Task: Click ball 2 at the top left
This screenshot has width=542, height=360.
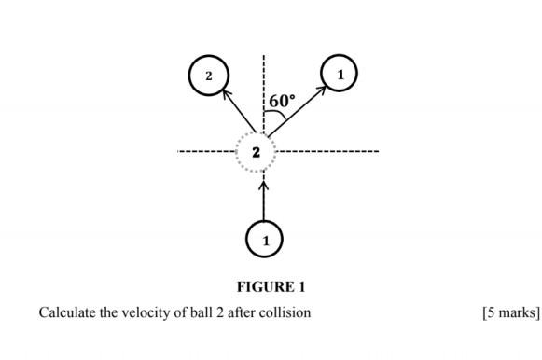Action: click(x=208, y=75)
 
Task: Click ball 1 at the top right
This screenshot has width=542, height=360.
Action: click(x=339, y=73)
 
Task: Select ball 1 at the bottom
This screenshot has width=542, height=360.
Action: click(x=265, y=240)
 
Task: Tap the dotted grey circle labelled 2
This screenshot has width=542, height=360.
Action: click(x=256, y=151)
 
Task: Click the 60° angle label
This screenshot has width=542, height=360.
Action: click(x=282, y=101)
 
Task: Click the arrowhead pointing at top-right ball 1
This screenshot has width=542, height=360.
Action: click(x=321, y=89)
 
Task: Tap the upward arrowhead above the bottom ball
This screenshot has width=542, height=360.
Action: click(x=264, y=185)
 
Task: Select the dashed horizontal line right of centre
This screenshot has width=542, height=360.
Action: click(x=327, y=151)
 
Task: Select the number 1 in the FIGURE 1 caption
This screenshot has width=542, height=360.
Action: click(x=301, y=287)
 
